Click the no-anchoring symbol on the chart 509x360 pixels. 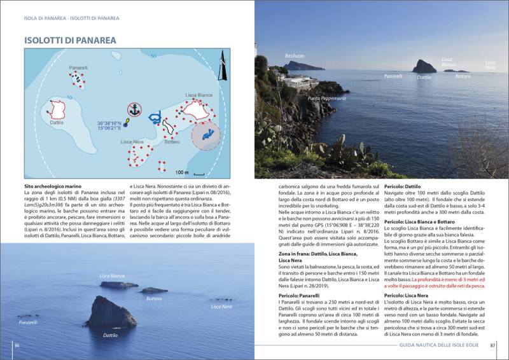coord(134,109)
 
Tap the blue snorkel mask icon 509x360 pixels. coord(153,118)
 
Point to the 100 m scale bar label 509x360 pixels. coord(183,172)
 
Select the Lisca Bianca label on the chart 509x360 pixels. coord(199,95)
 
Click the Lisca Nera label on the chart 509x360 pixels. coord(131,141)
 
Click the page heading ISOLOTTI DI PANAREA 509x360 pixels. coord(70,40)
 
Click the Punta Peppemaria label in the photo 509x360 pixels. coord(326,99)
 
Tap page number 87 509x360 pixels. coord(492,345)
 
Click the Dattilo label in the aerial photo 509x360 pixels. coord(110,335)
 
